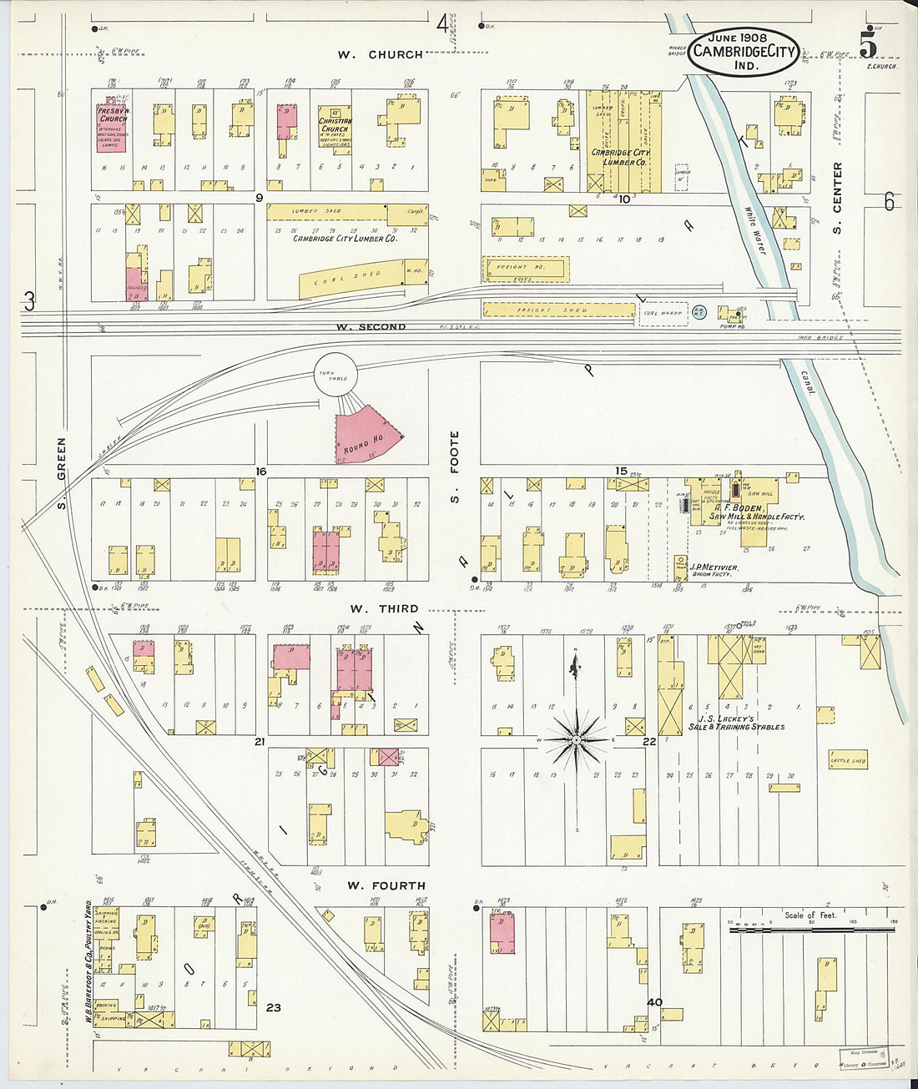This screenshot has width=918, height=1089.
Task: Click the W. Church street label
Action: click(x=380, y=55)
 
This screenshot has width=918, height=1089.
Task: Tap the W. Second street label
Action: click(x=371, y=327)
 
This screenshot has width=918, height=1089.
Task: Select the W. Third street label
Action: click(x=384, y=609)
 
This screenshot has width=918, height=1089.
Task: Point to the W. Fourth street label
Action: click(x=386, y=885)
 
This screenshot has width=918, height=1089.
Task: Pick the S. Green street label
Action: click(x=62, y=473)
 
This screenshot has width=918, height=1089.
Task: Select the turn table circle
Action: click(x=335, y=376)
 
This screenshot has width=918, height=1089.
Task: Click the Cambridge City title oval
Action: click(x=743, y=51)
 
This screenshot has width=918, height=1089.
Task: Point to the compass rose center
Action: click(x=576, y=739)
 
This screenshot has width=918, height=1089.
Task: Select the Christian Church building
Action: click(x=334, y=129)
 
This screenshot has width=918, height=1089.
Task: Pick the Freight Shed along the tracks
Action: click(x=558, y=310)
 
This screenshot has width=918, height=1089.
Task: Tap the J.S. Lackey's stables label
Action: click(x=735, y=723)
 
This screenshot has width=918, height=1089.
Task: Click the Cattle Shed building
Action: click(x=847, y=760)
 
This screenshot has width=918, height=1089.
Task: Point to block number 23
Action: click(x=274, y=1007)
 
